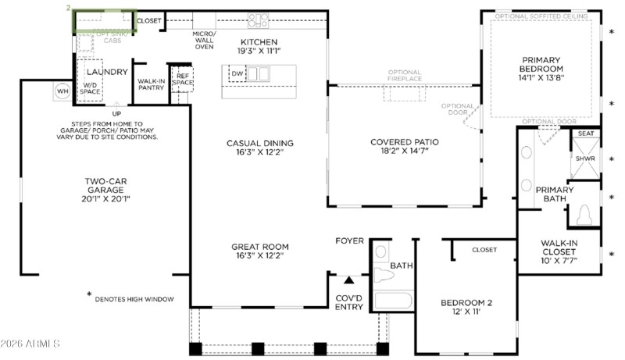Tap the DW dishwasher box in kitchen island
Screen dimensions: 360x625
[237, 74]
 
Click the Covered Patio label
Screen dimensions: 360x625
[404, 147]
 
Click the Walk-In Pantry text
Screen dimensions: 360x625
[150, 84]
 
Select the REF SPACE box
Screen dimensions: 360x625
[182, 80]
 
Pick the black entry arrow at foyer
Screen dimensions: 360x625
[349, 279]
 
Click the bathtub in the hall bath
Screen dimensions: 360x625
[392, 301]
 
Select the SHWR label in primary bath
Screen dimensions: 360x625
[585, 159]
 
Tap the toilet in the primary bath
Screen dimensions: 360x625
[584, 215]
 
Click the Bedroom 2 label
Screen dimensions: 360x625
[466, 307]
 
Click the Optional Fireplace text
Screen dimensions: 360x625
[404, 76]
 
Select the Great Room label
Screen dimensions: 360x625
[256, 250]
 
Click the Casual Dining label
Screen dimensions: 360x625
[259, 148]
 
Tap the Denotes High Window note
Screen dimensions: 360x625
[133, 299]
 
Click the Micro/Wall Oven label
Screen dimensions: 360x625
[204, 41]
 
